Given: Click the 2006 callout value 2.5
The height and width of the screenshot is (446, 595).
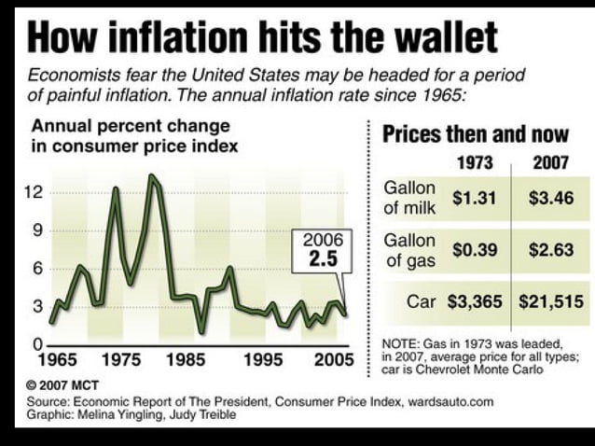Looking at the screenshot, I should pyautogui.click(x=323, y=260).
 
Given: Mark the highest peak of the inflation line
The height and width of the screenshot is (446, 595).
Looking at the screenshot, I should pyautogui.click(x=152, y=176).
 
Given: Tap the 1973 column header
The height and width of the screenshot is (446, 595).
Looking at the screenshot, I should pyautogui.click(x=475, y=163).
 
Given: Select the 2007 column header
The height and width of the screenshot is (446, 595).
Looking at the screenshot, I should pyautogui.click(x=550, y=163).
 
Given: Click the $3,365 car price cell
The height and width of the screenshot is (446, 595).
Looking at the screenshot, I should pyautogui.click(x=474, y=302).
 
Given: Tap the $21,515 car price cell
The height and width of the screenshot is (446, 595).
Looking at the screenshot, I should pyautogui.click(x=550, y=302).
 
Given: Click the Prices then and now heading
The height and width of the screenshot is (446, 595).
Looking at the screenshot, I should pyautogui.click(x=475, y=133).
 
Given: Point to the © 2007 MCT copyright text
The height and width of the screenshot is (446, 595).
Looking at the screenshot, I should pyautogui.click(x=62, y=384).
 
